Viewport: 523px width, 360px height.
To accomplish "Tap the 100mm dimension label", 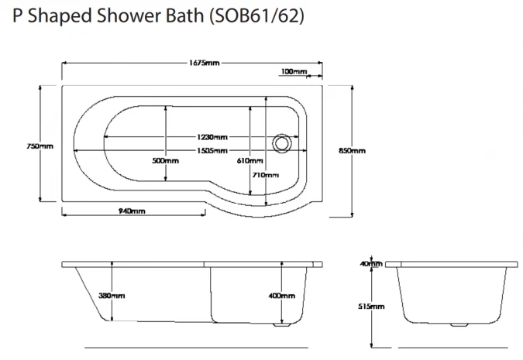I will point(292,72).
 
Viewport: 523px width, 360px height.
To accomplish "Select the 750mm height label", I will point(39,146).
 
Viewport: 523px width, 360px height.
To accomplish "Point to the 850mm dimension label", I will point(353,150).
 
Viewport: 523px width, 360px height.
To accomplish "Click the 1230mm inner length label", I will point(212,137).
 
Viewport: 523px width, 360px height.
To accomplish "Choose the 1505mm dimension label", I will point(212,150).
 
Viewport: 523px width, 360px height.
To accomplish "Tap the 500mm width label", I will point(166,161).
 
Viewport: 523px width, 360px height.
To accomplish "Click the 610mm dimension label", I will point(249,161).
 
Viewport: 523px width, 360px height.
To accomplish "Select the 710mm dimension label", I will point(265,175).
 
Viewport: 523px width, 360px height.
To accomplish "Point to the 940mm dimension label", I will point(132,211).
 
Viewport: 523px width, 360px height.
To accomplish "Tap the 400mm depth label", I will point(281,296).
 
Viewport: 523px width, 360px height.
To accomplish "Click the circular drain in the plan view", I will point(283,142).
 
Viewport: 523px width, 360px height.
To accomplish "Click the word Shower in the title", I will point(121,16).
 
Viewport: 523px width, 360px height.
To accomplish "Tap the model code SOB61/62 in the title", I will point(251,16).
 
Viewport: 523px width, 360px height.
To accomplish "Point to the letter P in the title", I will point(18,16).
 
